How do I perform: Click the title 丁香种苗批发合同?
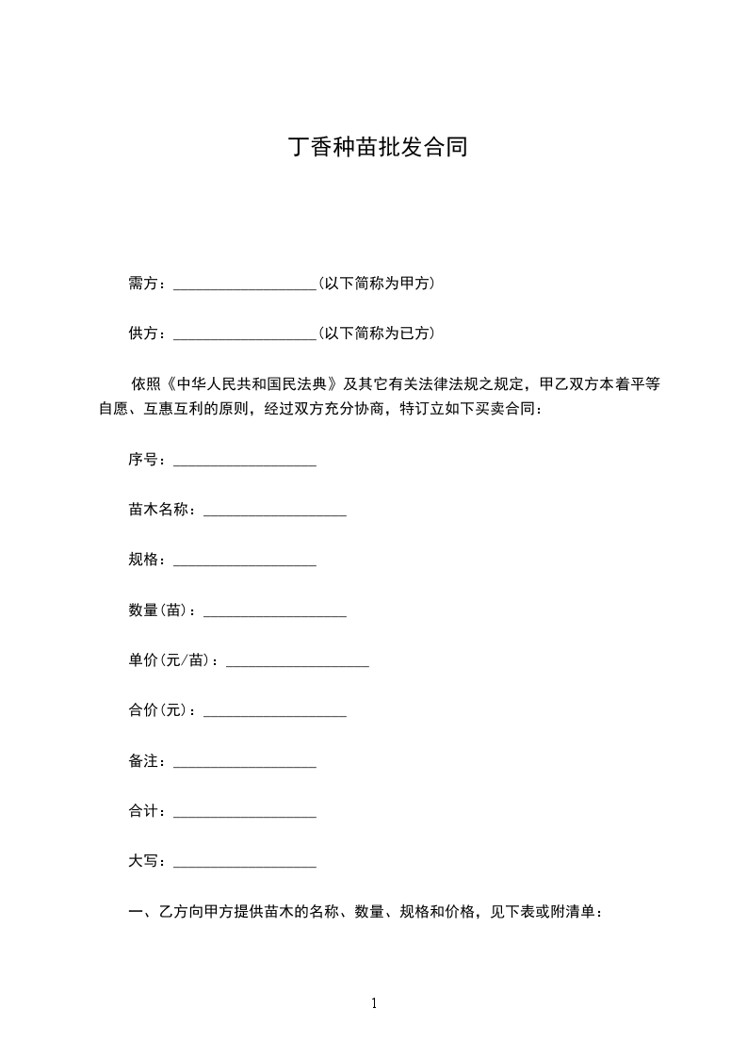point(378,149)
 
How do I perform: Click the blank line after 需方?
point(245,285)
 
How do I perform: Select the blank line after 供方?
point(245,334)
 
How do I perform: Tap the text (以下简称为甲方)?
point(376,283)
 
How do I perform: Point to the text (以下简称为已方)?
point(376,333)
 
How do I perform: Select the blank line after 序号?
point(245,462)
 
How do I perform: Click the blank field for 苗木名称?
point(275,512)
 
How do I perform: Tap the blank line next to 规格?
point(245,561)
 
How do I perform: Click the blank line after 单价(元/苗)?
point(298,662)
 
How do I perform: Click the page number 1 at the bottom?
point(374,1003)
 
